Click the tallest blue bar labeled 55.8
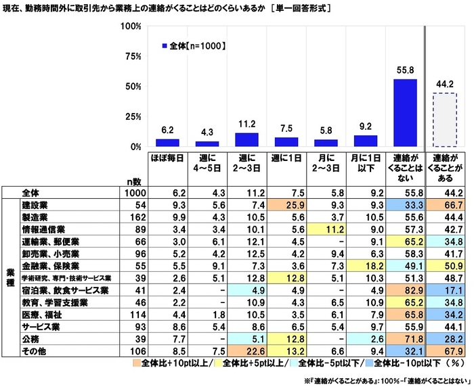coord(406,112)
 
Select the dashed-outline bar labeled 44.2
coord(445,120)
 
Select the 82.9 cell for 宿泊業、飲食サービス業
coord(406,290)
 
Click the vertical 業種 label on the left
coord(9,278)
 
